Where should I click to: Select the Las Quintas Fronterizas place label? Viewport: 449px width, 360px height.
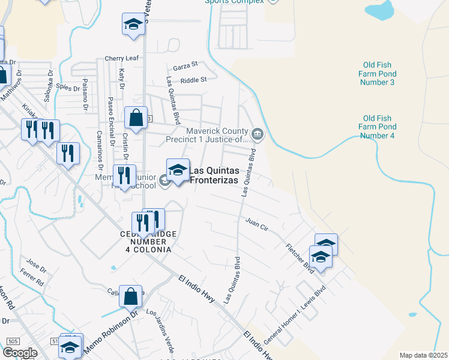pyautogui.click(x=214, y=175)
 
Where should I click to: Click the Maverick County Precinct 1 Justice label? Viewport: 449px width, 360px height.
pyautogui.click(x=208, y=136)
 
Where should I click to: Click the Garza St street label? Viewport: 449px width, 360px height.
pyautogui.click(x=185, y=65)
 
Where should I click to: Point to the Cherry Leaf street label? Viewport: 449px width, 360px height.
pyautogui.click(x=122, y=58)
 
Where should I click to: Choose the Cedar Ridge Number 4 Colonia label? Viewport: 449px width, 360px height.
pyautogui.click(x=148, y=241)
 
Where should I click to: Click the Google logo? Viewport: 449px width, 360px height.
pyautogui.click(x=20, y=353)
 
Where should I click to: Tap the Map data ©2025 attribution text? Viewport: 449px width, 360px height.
pyautogui.click(x=423, y=355)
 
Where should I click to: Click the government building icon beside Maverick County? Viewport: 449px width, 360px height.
pyautogui.click(x=258, y=133)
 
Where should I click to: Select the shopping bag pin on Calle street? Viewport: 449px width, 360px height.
pyautogui.click(x=130, y=296)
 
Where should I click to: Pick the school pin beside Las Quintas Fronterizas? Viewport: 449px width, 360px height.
pyautogui.click(x=178, y=171)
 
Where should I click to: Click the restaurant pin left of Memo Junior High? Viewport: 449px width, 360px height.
pyautogui.click(x=124, y=176)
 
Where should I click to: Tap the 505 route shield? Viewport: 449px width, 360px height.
pyautogui.click(x=13, y=341)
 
